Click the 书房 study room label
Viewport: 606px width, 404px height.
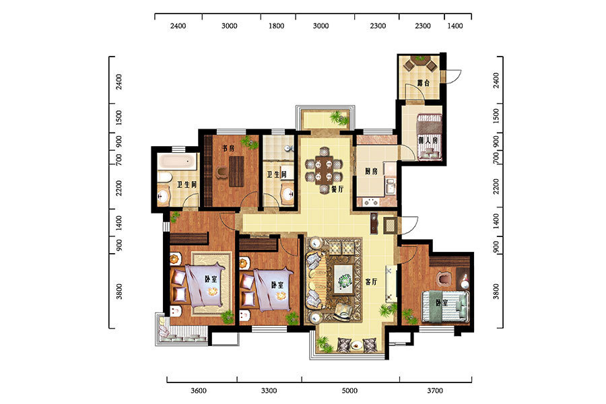coord(228,148)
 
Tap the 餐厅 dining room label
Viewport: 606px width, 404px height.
coord(337,189)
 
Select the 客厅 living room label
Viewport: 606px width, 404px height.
coord(372,282)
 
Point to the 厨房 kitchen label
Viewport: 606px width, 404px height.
coord(372,171)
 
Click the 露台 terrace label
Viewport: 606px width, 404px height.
coord(423,83)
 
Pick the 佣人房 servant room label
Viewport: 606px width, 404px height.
coord(428,141)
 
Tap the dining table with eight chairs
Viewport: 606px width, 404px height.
coord(324,170)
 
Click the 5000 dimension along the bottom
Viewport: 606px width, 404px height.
coord(349,391)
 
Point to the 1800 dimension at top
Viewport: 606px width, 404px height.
coord(276,26)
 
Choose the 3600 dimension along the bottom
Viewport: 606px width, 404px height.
coord(199,391)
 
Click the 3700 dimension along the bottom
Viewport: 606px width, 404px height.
coord(435,391)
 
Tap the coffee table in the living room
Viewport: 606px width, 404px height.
coord(343,279)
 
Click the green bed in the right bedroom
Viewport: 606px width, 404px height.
coord(445,306)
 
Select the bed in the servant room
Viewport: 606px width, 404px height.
coord(429,137)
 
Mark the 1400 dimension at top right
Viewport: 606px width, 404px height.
coord(455,26)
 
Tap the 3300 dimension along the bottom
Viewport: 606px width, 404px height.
coord(269,391)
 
